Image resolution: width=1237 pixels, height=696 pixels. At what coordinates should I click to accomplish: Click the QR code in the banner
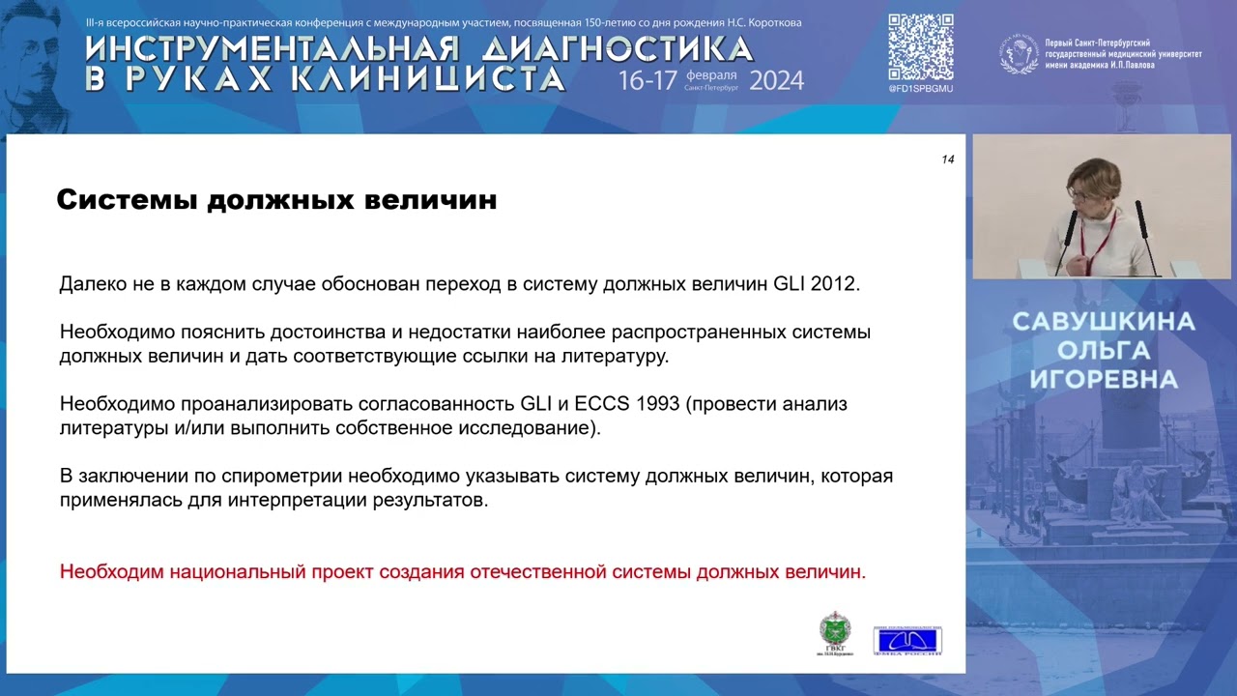click(x=920, y=47)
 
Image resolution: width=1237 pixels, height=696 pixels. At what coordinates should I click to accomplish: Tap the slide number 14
click(x=947, y=159)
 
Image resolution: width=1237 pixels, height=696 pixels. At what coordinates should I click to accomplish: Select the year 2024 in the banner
click(x=775, y=80)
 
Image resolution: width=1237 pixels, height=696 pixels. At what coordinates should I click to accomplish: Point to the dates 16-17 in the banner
click(x=647, y=80)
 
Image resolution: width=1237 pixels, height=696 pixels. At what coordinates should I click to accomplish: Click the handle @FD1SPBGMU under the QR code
click(x=920, y=89)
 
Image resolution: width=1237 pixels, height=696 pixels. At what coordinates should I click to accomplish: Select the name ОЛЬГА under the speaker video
click(x=1103, y=351)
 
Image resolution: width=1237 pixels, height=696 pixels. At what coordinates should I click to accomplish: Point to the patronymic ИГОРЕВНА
click(x=1103, y=380)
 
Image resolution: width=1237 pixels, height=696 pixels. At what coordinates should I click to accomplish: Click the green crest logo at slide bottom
click(x=835, y=632)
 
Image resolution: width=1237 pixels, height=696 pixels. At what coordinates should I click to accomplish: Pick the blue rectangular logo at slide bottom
click(x=906, y=640)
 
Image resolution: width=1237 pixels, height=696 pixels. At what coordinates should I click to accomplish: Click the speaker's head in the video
click(x=1094, y=181)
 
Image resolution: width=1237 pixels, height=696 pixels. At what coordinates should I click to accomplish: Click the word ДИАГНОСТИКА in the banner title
click(x=618, y=49)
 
